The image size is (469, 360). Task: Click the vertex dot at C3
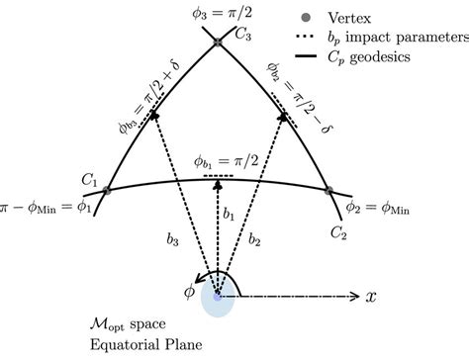pos(217,42)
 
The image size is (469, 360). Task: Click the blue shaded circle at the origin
pos(218,296)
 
